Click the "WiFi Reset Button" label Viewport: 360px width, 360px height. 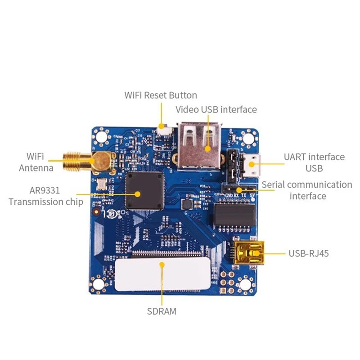pyautogui.click(x=161, y=95)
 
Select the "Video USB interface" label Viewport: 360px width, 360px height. pyautogui.click(x=216, y=109)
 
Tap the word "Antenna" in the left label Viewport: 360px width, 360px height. pyautogui.click(x=36, y=168)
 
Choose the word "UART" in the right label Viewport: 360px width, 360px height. pyautogui.click(x=296, y=157)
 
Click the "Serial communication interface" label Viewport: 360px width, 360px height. pyautogui.click(x=307, y=190)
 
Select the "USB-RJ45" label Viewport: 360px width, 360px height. pyautogui.click(x=308, y=253)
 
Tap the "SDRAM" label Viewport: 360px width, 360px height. pyautogui.click(x=162, y=311)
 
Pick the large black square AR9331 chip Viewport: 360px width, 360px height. pyautogui.click(x=145, y=191)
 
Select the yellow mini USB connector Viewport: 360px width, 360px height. pyautogui.click(x=246, y=253)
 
